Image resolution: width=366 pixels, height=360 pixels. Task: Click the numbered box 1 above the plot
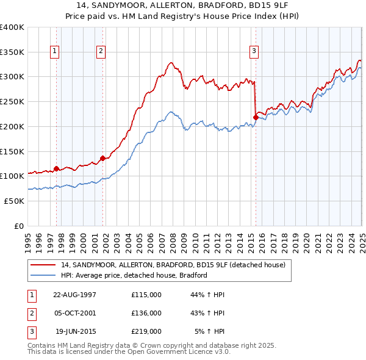(x=56, y=51)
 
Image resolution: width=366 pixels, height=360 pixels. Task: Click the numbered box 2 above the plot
(x=101, y=51)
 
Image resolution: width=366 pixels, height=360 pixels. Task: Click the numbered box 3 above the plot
(x=253, y=51)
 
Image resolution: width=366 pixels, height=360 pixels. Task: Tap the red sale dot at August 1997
(x=57, y=168)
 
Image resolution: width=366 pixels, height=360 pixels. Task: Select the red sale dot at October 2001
(x=102, y=158)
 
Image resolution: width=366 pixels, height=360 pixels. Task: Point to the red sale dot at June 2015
(x=256, y=117)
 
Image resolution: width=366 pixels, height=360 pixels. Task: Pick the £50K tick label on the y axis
(x=14, y=201)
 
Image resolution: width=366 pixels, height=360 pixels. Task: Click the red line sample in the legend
(x=43, y=265)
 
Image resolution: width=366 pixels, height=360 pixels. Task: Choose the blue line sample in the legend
(x=43, y=275)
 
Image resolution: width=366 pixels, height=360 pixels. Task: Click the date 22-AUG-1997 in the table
(x=74, y=295)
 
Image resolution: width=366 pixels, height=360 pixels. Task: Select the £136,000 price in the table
(x=146, y=313)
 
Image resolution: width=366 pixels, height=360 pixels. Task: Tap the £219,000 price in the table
(x=146, y=331)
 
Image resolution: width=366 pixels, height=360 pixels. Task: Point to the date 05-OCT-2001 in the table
(x=74, y=313)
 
